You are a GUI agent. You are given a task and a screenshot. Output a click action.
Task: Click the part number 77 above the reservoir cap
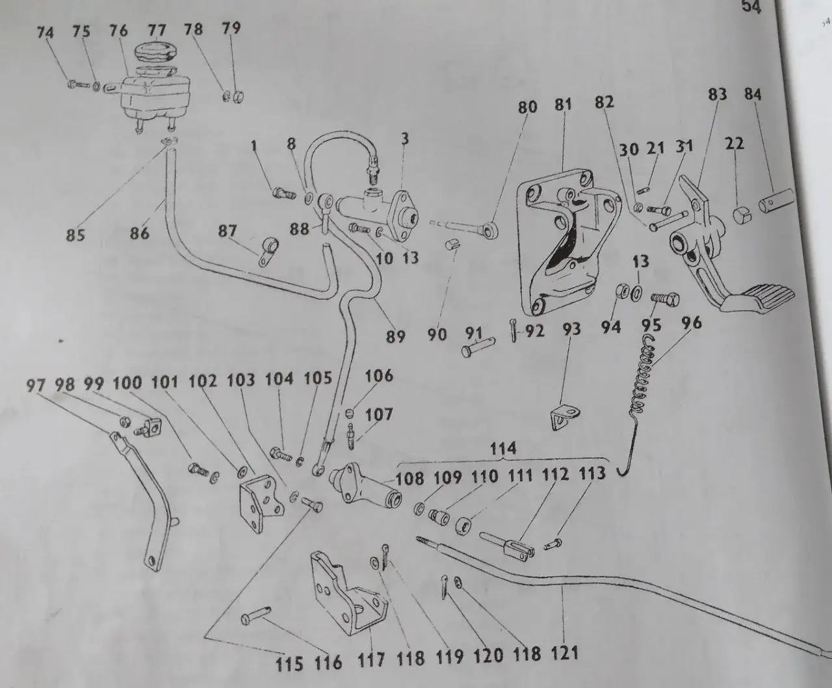pyautogui.click(x=157, y=31)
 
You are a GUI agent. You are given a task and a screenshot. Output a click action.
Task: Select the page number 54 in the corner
pyautogui.click(x=751, y=7)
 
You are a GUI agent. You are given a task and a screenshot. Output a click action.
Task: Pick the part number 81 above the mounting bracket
pyautogui.click(x=563, y=105)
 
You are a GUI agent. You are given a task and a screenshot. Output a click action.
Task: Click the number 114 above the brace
pyautogui.click(x=503, y=449)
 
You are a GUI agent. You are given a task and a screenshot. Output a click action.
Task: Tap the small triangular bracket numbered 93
pyautogui.click(x=565, y=417)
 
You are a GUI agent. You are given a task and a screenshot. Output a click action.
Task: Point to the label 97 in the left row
pyautogui.click(x=36, y=386)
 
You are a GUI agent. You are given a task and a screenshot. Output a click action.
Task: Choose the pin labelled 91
pyautogui.click(x=478, y=347)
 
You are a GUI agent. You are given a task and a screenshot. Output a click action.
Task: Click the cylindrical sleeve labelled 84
pyautogui.click(x=776, y=201)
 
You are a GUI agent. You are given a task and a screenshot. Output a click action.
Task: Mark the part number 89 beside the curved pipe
pyautogui.click(x=395, y=337)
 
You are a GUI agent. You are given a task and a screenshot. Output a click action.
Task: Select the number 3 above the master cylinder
pyautogui.click(x=405, y=139)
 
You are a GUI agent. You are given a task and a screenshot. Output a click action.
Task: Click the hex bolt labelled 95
pyautogui.click(x=665, y=298)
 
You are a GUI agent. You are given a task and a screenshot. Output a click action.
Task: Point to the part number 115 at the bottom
pyautogui.click(x=289, y=664)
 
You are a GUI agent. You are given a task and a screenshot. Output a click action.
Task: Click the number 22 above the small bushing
pyautogui.click(x=734, y=144)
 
